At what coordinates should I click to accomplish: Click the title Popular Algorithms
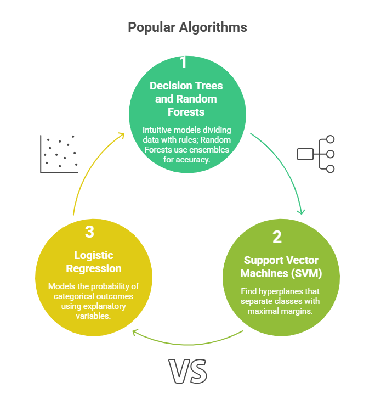coord(187,27)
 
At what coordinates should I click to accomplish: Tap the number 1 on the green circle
coord(183,63)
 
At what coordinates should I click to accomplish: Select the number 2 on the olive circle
coord(277,237)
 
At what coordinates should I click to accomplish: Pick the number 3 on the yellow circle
coord(89,232)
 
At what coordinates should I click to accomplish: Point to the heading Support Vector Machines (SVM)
coord(277,266)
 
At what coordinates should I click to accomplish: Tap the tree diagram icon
coord(316,154)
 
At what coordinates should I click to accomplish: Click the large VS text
coord(188,372)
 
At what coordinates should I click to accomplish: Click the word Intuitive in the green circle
coord(158,130)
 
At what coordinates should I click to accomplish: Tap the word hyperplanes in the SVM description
coord(296,291)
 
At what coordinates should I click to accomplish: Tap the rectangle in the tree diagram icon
coord(304,154)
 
